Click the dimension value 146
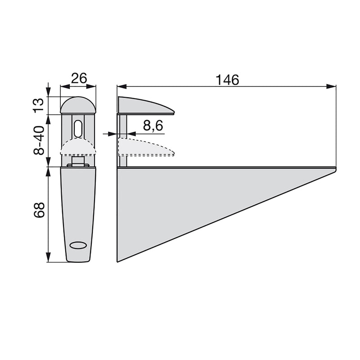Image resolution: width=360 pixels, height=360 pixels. [227, 80]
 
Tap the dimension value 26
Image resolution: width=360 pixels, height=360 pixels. [79, 78]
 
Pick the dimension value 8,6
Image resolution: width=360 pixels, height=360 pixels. [153, 126]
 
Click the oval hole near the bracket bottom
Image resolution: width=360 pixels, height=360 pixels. [78, 245]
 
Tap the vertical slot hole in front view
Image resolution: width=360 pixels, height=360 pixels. [78, 129]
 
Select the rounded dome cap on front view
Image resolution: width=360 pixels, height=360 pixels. [78, 105]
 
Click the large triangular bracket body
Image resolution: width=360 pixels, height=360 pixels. [180, 198]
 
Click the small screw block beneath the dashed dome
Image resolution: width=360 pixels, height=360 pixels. [78, 161]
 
